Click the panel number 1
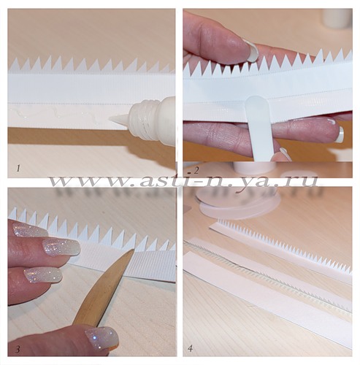point(18,168)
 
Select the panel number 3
point(18,350)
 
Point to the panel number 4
point(191,348)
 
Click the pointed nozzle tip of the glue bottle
point(110,118)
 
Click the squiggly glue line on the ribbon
point(58,114)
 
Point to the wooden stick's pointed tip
point(133,250)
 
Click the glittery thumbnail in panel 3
point(102,338)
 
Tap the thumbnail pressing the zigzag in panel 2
point(251,52)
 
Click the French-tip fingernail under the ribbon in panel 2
point(340,134)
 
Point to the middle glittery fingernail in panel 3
point(61,247)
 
